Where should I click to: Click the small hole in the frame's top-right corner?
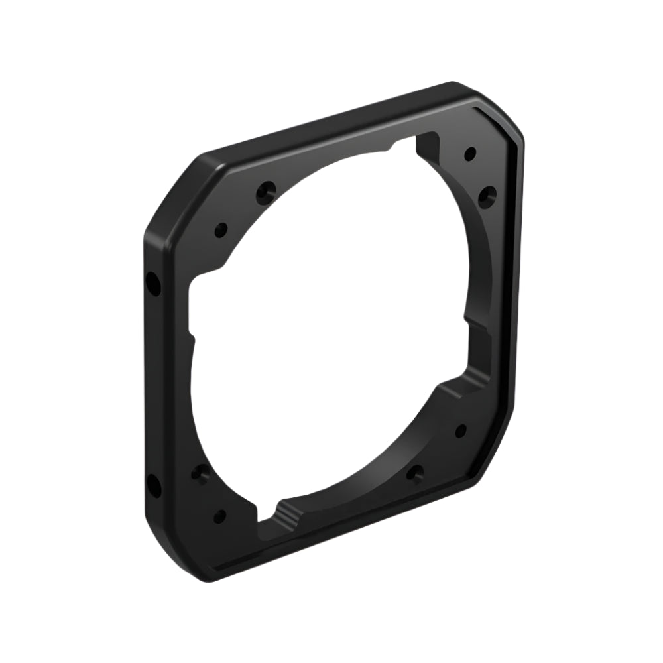[469, 154]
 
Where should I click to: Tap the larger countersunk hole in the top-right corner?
[487, 194]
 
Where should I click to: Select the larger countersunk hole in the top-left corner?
[267, 192]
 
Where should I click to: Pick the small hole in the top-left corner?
[221, 231]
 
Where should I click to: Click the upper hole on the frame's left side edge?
[153, 286]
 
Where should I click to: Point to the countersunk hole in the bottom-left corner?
[200, 473]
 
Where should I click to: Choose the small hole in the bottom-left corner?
[219, 516]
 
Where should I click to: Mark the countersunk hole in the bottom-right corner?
[416, 473]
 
